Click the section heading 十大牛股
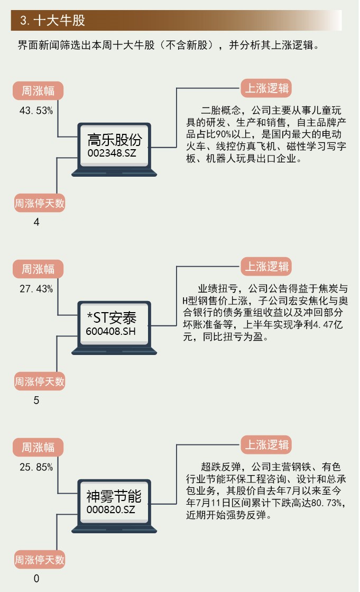point(52,20)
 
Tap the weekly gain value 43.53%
point(36,111)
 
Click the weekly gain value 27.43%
point(36,289)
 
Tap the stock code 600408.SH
point(111,331)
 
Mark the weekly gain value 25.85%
point(36,467)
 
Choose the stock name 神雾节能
point(114,497)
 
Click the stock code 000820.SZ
point(111,509)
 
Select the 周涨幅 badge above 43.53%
point(38,91)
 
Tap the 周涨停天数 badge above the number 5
point(40,381)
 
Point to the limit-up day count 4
point(36,222)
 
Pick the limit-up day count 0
point(36,579)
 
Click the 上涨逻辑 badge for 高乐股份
point(266,88)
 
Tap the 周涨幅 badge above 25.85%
point(38,448)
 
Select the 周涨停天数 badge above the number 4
point(40,203)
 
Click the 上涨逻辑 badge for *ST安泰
point(266,267)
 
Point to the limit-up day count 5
point(36,400)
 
